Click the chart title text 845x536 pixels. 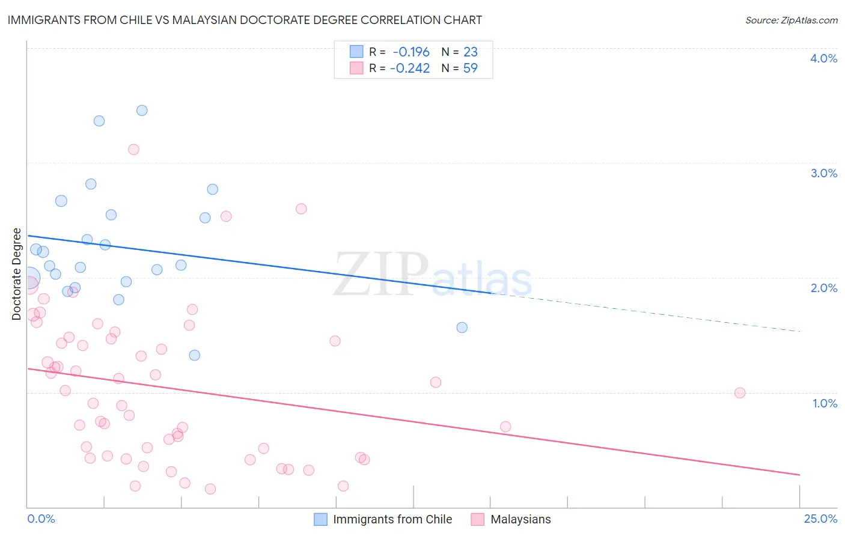coord(245,20)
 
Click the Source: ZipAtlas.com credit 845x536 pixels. coord(791,20)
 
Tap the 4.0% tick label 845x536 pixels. coord(823,58)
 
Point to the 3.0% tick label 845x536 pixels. coord(823,173)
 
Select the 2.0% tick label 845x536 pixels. coord(823,288)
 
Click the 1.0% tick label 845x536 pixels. coord(825,403)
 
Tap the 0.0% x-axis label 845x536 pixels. coord(41,519)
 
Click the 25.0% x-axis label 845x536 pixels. coord(820,519)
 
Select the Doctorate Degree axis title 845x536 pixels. coord(17,274)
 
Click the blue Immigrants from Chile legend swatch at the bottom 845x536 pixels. coord(321,519)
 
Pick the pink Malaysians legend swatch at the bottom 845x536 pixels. coord(478,519)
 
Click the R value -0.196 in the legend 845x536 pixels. coord(411,52)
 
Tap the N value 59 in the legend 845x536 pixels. coord(470,68)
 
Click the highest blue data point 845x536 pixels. coord(142,110)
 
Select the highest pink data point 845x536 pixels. coord(133,149)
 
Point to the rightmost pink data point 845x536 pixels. coord(740,392)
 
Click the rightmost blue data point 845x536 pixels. coord(462,327)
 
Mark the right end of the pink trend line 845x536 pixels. coord(799,475)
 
